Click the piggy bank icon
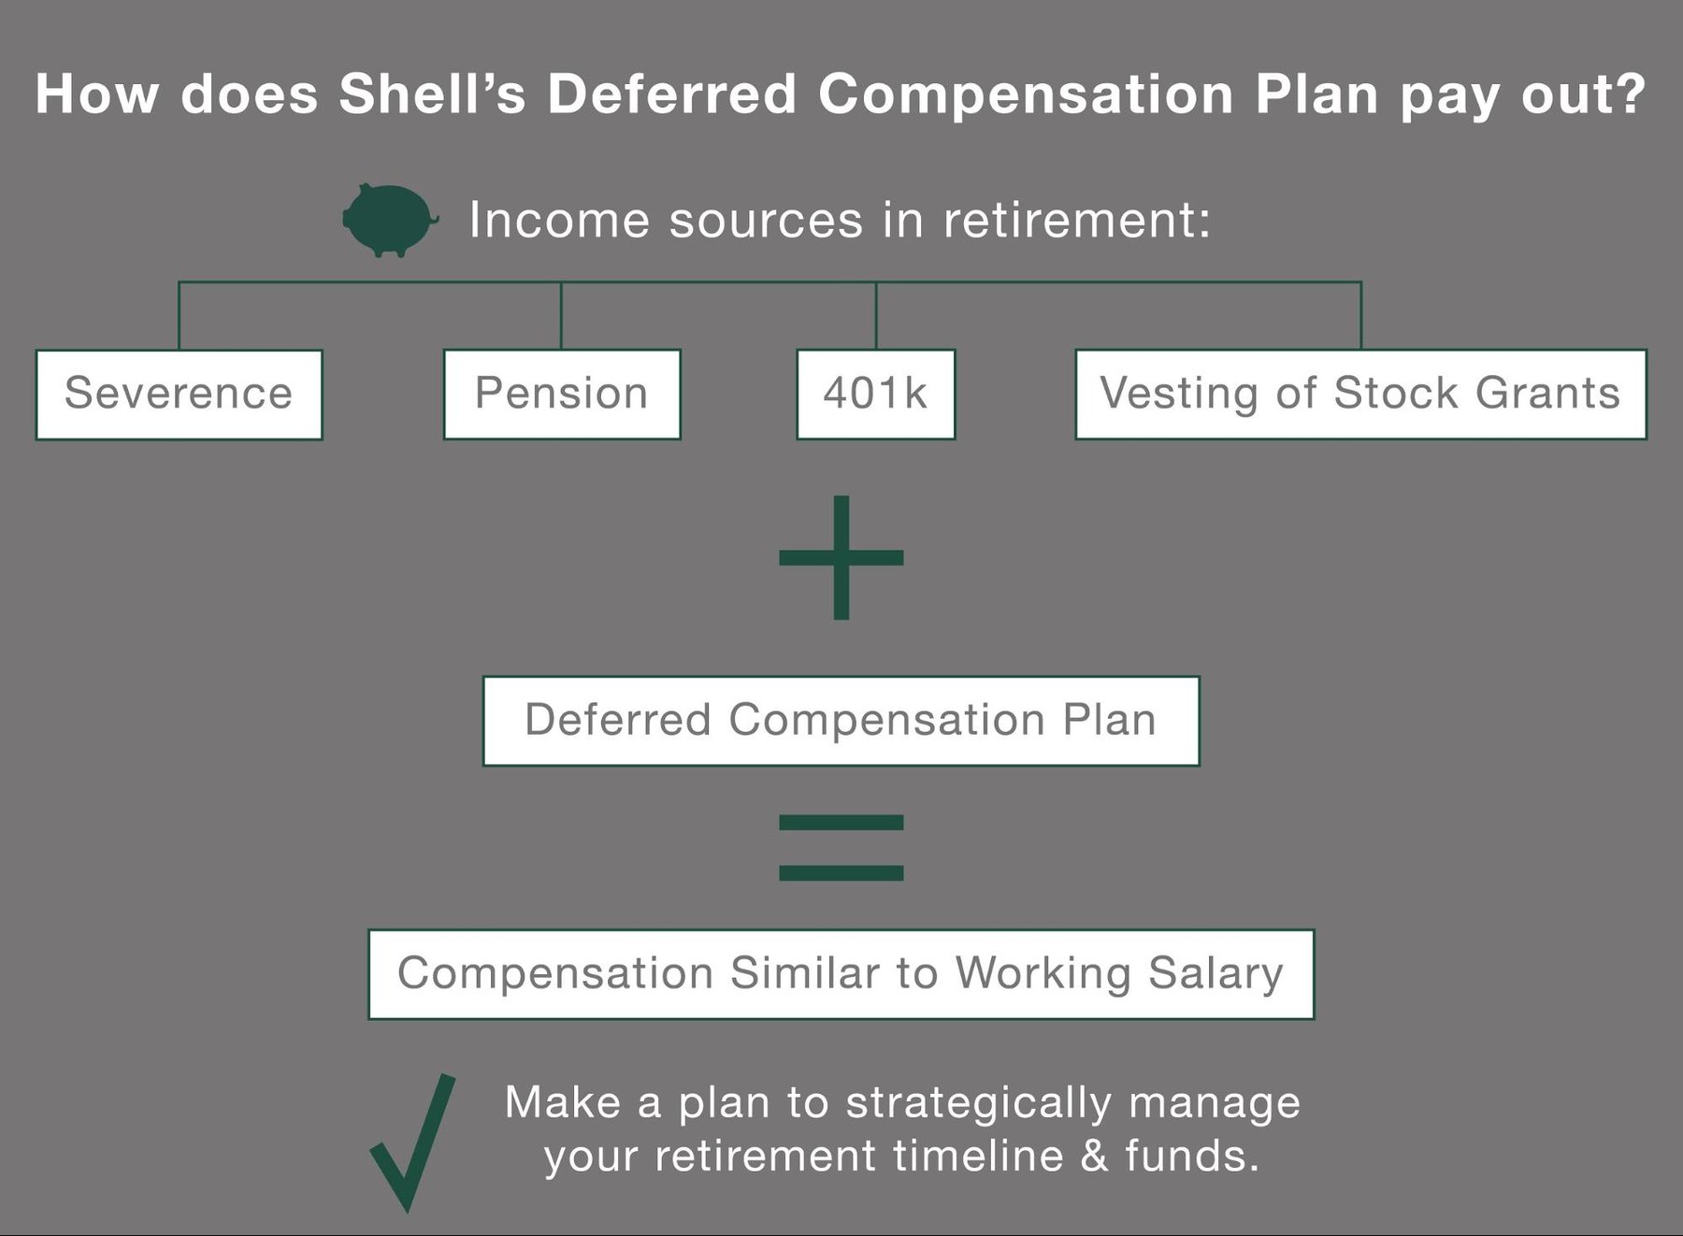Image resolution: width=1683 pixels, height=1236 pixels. pos(389,220)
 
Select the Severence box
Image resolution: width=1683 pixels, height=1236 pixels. pos(179,394)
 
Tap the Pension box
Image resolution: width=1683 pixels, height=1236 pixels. pos(561,394)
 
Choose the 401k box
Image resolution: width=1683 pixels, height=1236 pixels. pos(875,394)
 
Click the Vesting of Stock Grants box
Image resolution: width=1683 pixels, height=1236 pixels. pos(1360,394)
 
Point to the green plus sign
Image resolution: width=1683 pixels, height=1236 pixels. pos(841,557)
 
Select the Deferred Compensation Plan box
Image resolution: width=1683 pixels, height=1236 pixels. pos(841,721)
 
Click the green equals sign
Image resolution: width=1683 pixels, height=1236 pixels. pos(841,847)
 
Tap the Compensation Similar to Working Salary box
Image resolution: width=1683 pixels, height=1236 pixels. pos(841,973)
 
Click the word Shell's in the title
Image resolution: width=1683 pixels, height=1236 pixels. pos(432,94)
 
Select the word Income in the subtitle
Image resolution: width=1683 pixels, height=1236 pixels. pos(559,221)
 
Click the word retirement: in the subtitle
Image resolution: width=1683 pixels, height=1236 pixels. pos(1076,221)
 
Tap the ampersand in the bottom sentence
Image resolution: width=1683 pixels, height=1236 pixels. pos(1093,1156)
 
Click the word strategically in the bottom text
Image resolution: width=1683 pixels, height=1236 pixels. pos(978,1103)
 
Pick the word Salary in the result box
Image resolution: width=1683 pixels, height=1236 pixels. pos(1215,973)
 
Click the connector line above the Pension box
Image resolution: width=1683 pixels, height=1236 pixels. pos(561,316)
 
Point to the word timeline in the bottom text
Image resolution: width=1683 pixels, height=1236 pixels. pos(978,1156)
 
